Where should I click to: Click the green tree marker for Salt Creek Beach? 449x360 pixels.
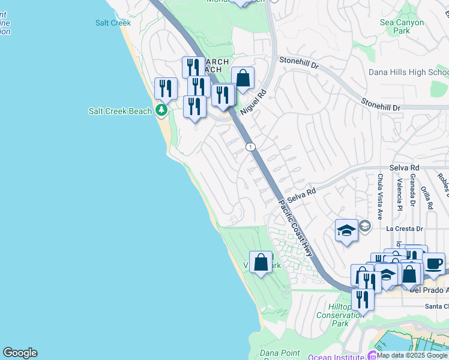click(x=161, y=110)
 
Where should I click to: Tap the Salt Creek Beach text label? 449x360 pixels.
click(x=120, y=111)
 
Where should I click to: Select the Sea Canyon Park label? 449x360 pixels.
click(x=402, y=26)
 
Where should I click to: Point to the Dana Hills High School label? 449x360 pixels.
click(x=408, y=73)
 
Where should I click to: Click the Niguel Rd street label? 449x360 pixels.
click(x=253, y=103)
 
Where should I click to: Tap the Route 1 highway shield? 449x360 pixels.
click(x=250, y=147)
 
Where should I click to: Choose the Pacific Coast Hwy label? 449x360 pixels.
click(x=296, y=228)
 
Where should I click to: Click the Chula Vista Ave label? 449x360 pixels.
click(x=380, y=189)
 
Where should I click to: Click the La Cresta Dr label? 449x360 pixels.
click(x=405, y=229)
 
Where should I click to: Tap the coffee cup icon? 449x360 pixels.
click(x=434, y=262)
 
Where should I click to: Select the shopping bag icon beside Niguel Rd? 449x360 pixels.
click(x=243, y=78)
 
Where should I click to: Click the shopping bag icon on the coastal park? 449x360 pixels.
click(x=261, y=262)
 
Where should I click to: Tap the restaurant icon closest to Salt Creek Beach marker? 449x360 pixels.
click(x=166, y=88)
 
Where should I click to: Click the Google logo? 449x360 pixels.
click(x=20, y=353)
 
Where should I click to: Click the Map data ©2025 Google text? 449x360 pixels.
click(x=412, y=355)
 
